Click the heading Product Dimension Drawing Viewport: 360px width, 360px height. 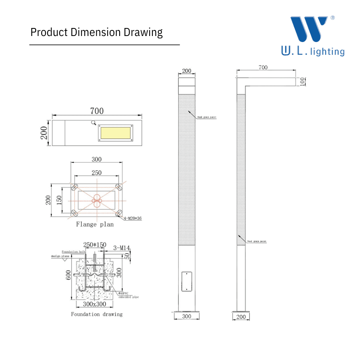click(x=96, y=32)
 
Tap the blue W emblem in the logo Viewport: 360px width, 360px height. click(x=310, y=29)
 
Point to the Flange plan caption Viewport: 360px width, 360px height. click(x=95, y=224)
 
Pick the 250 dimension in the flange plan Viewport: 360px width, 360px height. click(x=96, y=173)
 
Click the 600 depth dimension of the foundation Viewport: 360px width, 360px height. click(x=68, y=275)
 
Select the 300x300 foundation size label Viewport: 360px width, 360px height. click(x=94, y=304)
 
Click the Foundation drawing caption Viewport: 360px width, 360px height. click(x=97, y=314)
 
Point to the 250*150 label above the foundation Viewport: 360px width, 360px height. click(x=95, y=244)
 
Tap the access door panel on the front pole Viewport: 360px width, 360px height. click(x=187, y=282)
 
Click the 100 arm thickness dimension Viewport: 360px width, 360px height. click(x=302, y=82)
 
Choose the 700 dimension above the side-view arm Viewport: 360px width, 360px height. click(x=263, y=68)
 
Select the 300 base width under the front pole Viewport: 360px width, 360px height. click(x=187, y=316)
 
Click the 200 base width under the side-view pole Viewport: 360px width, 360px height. click(x=241, y=316)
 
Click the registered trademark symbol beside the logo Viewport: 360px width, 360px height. click(x=332, y=18)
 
